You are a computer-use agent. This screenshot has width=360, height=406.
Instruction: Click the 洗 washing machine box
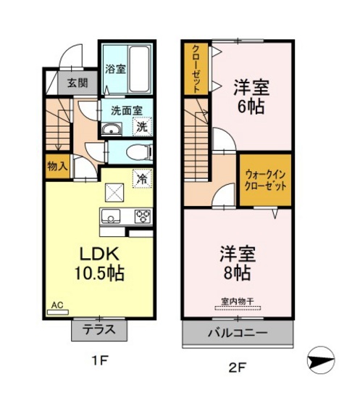point(142,128)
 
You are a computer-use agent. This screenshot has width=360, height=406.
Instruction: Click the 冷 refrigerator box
point(142,178)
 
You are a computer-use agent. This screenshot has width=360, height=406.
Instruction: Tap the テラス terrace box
point(99,330)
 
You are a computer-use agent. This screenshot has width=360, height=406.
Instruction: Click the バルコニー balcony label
point(238,334)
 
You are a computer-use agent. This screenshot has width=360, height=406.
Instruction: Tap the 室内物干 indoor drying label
point(237,302)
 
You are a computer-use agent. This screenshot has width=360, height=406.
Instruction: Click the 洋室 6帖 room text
point(251,96)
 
